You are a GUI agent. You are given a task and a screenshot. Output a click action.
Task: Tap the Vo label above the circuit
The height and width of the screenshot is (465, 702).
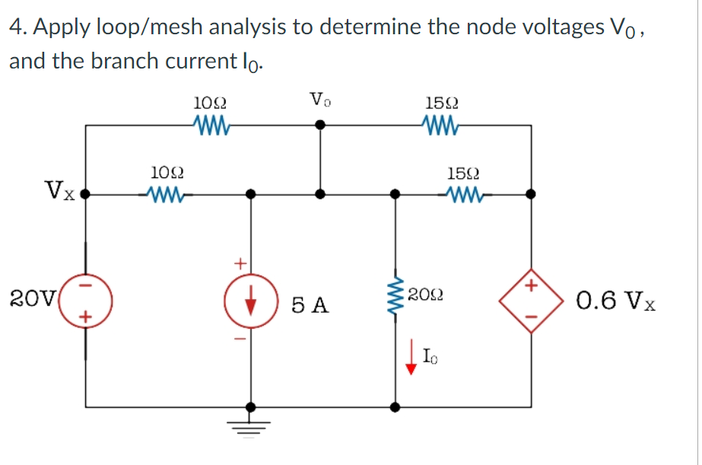[x=320, y=99]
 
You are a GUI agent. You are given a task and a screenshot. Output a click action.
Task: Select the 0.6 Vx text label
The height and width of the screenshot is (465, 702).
[x=617, y=302]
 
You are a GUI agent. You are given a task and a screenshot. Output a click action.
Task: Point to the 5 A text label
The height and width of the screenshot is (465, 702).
[x=311, y=306]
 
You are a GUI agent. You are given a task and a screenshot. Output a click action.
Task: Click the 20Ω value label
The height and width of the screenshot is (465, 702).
[x=426, y=295]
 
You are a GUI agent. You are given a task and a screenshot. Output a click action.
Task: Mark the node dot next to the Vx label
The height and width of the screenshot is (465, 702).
[x=85, y=194]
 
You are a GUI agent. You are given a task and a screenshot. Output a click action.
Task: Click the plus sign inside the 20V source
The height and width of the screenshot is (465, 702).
[x=85, y=314]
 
